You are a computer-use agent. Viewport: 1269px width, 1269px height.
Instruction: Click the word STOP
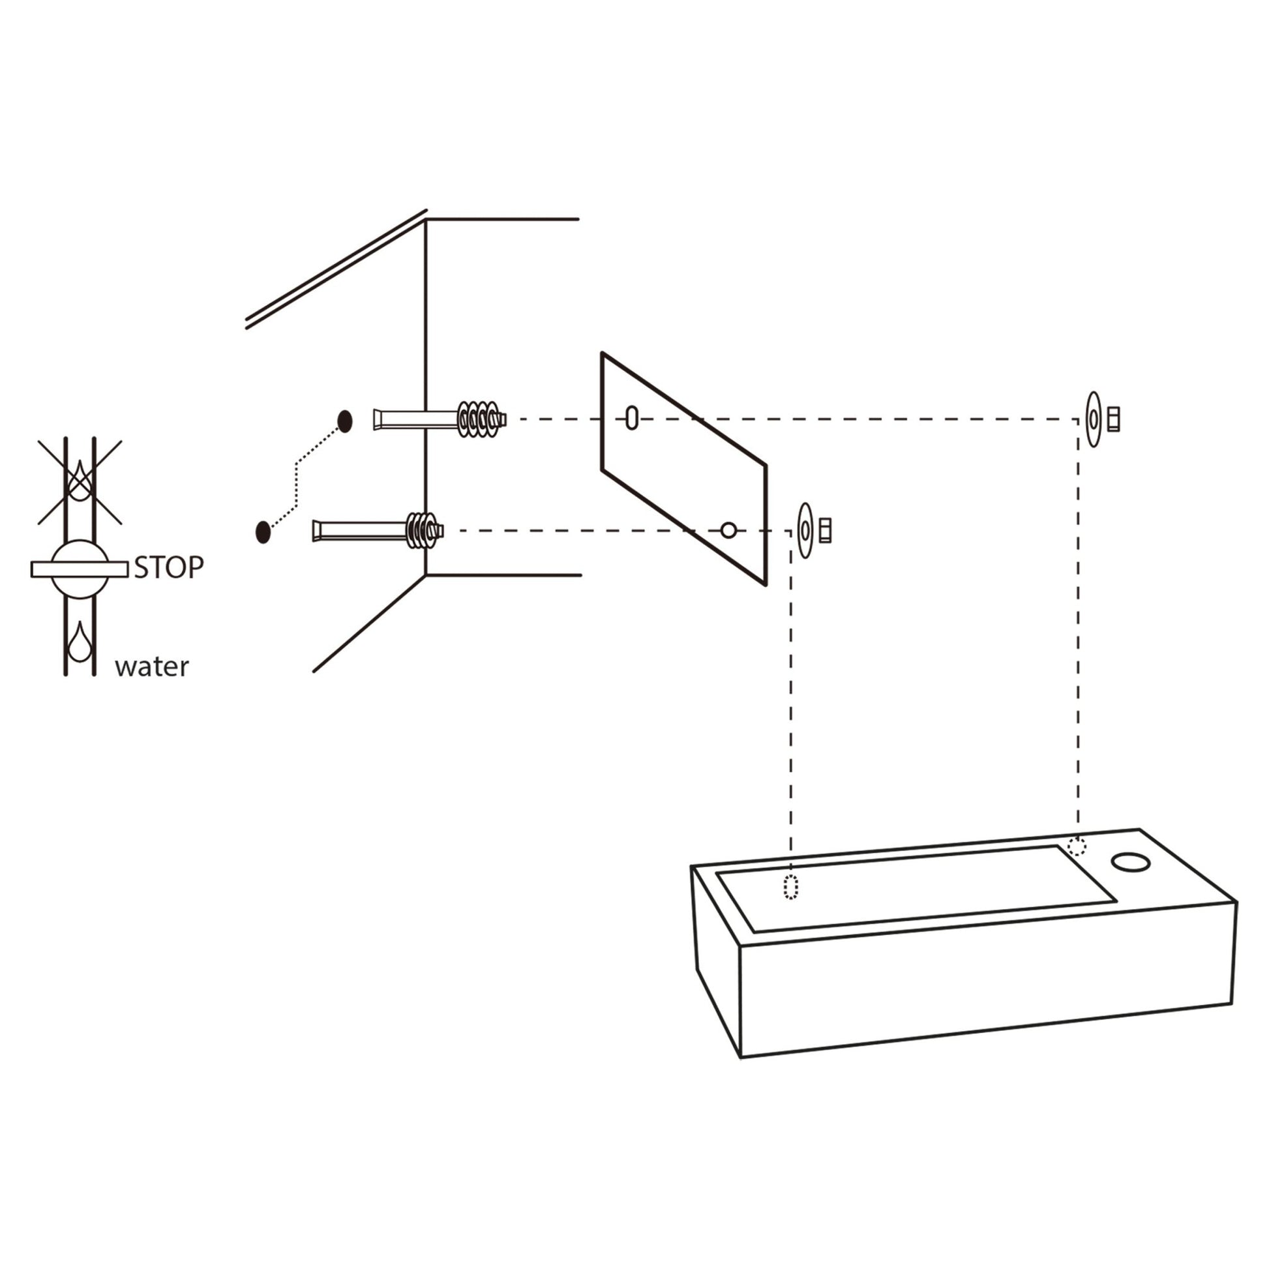(x=169, y=568)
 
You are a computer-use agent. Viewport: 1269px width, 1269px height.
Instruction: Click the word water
(x=152, y=667)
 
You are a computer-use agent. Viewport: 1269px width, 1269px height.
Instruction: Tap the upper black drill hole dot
(x=345, y=421)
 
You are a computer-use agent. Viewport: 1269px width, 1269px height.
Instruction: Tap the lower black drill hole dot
(x=263, y=531)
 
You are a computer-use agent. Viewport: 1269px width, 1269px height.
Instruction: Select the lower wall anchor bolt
(x=378, y=530)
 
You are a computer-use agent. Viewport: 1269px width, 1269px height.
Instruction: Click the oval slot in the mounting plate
(x=632, y=418)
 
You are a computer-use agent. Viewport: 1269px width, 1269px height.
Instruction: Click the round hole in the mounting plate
(x=728, y=530)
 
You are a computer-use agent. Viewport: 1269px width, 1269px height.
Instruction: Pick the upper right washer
(x=1093, y=419)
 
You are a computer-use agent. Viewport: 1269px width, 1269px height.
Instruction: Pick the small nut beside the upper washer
(x=1113, y=419)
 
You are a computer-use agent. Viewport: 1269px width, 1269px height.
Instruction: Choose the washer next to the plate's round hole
(x=805, y=531)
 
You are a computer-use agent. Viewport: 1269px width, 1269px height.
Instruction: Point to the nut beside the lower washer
(x=826, y=531)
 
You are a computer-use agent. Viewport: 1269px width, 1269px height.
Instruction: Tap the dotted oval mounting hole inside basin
(x=791, y=888)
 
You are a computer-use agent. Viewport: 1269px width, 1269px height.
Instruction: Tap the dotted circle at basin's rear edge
(x=1077, y=846)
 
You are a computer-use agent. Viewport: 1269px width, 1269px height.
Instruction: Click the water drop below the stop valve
(x=80, y=642)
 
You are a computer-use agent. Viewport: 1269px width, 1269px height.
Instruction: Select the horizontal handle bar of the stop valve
(x=80, y=569)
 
